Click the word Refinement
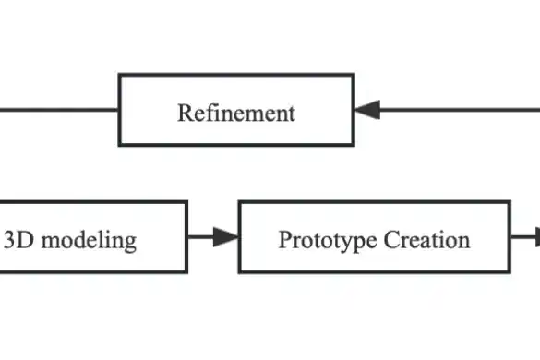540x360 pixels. pyautogui.click(x=236, y=114)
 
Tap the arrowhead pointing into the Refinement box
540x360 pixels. pyautogui.click(x=367, y=110)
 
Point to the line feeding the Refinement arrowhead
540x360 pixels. pyautogui.click(x=462, y=110)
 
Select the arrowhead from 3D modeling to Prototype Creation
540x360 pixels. pyautogui.click(x=226, y=237)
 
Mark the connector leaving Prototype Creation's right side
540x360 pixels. pyautogui.click(x=524, y=237)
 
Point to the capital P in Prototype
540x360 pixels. pyautogui.click(x=284, y=241)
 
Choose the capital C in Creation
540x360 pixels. pyautogui.click(x=390, y=241)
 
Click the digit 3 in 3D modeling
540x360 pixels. pyautogui.click(x=9, y=241)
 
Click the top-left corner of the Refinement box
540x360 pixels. pyautogui.click(x=120, y=76)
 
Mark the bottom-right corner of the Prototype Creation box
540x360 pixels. pyautogui.click(x=509, y=272)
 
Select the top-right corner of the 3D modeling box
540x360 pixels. pyautogui.click(x=186, y=203)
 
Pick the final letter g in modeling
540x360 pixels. pyautogui.click(x=131, y=244)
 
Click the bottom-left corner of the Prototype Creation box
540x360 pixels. pyautogui.click(x=240, y=272)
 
